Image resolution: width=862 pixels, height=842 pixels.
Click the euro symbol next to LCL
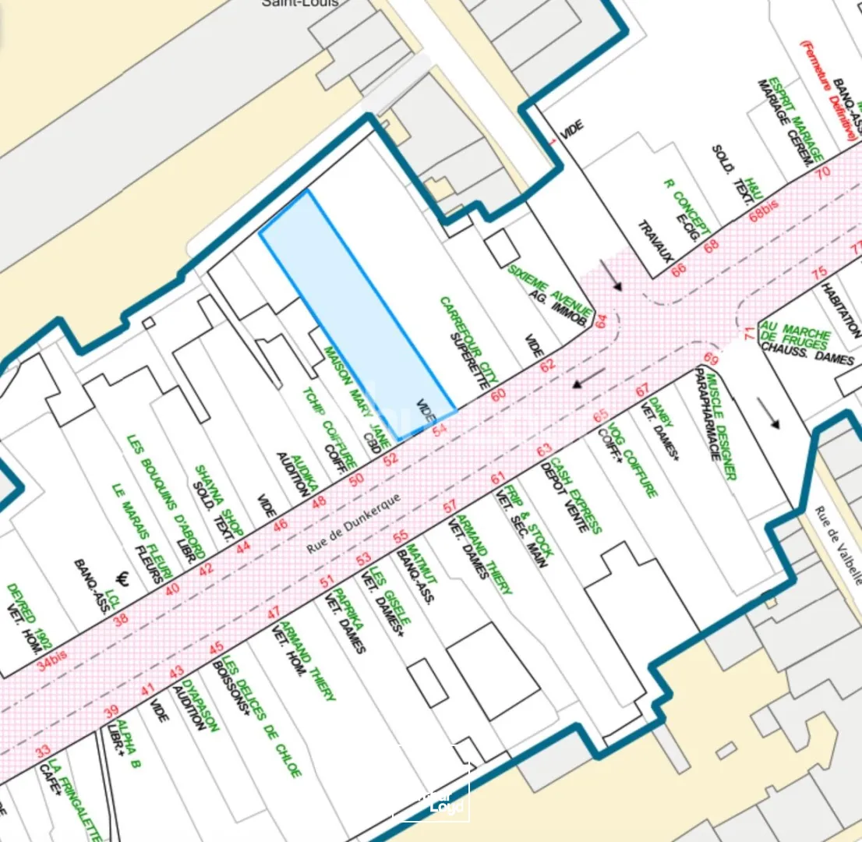(122, 578)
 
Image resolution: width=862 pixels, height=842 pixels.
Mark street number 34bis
(52, 660)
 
